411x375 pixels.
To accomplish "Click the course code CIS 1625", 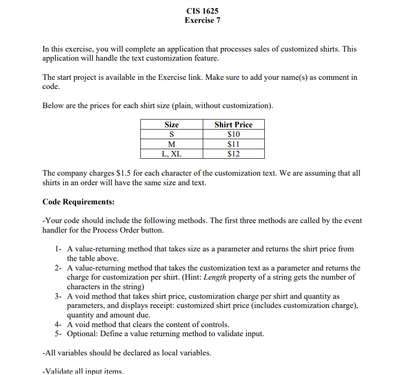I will pyautogui.click(x=202, y=11).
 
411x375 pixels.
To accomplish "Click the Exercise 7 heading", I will pyautogui.click(x=202, y=21).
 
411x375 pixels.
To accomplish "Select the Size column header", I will pyautogui.click(x=171, y=125).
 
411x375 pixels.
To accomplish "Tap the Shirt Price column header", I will pyautogui.click(x=233, y=125).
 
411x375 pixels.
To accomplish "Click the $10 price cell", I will pyautogui.click(x=233, y=134).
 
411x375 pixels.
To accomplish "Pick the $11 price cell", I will pyautogui.click(x=233, y=144).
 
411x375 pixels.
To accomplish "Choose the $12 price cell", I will pyautogui.click(x=233, y=154).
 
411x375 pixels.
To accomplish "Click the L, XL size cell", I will pyautogui.click(x=171, y=154).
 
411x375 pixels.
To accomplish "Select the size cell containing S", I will pyautogui.click(x=171, y=134).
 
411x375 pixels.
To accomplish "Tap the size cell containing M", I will pyautogui.click(x=171, y=144).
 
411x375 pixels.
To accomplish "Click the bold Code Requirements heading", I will pyautogui.click(x=78, y=202).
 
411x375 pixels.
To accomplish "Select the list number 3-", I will pyautogui.click(x=58, y=297).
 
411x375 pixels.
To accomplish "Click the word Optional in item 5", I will pyautogui.click(x=82, y=334).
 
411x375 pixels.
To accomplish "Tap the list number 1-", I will pyautogui.click(x=58, y=249).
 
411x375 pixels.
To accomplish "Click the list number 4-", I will pyautogui.click(x=58, y=325).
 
